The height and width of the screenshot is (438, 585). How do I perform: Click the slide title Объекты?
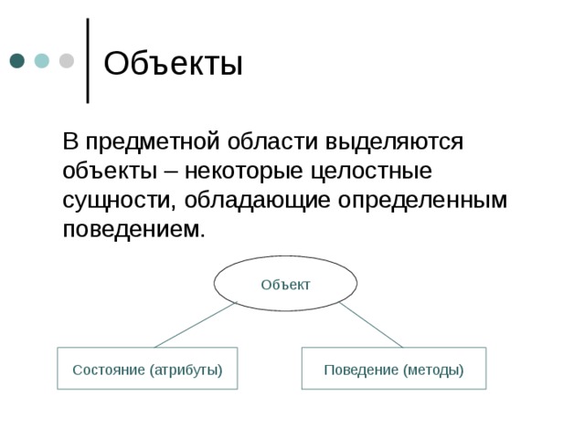click(173, 65)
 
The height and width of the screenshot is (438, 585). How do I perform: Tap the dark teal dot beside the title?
click(17, 61)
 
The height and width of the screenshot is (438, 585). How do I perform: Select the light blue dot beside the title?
click(42, 61)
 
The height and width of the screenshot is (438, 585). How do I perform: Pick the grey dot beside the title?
click(66, 61)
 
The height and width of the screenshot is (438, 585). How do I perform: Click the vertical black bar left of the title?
click(88, 60)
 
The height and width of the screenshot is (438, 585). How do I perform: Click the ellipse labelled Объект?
click(285, 284)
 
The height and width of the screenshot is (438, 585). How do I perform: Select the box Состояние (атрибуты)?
click(147, 369)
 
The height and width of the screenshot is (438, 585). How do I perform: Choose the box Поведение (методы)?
click(394, 369)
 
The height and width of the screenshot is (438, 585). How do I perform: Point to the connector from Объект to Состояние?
click(196, 325)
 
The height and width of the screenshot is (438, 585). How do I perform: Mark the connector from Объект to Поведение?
click(371, 325)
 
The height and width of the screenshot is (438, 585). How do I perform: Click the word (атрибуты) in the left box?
click(186, 370)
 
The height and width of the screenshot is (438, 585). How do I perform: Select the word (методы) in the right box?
click(432, 370)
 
